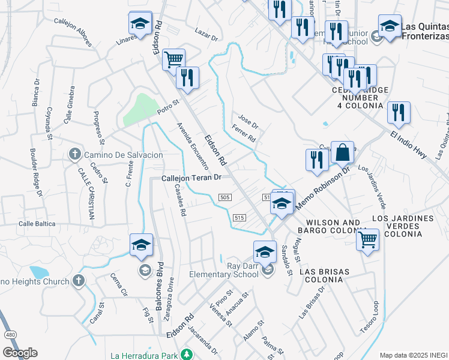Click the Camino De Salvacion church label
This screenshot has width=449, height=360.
tap(123, 155)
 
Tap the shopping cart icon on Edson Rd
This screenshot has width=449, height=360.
tap(173, 59)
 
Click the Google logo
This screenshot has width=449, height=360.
tap(20, 353)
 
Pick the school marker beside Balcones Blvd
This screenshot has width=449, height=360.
tap(141, 244)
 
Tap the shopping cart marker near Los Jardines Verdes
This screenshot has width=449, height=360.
tap(367, 239)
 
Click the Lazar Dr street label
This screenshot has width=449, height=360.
tap(206, 33)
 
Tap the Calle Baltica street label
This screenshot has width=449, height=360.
tap(37, 223)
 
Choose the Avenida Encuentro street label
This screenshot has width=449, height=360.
tap(192, 144)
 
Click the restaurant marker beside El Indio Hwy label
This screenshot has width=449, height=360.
tap(399, 112)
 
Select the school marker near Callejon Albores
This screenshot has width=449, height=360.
tap(140, 23)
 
